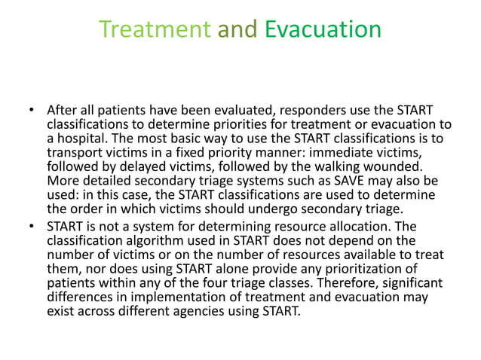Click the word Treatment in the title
click(x=155, y=30)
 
